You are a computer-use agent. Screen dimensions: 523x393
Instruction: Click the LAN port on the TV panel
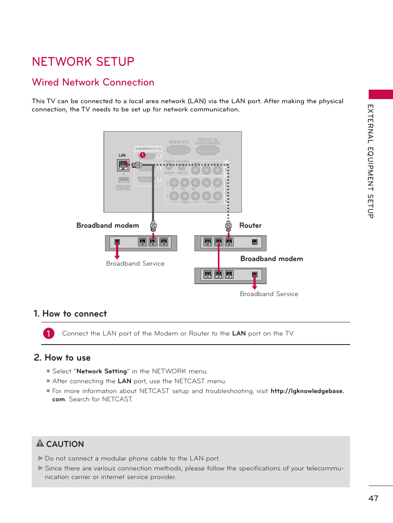(x=123, y=165)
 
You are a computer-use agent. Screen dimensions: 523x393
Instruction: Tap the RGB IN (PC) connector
(x=178, y=150)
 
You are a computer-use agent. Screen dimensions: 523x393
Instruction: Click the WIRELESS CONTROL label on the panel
(x=123, y=188)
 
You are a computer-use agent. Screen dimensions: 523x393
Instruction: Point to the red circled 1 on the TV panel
(x=143, y=155)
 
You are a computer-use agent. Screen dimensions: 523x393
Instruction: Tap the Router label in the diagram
(x=250, y=225)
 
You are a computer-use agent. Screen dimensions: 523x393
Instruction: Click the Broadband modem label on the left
(x=108, y=225)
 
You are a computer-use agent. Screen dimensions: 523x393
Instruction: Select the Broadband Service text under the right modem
(x=269, y=294)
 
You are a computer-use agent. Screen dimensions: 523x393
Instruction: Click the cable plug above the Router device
(x=228, y=225)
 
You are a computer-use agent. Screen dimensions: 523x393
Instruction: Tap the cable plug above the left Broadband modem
(x=153, y=226)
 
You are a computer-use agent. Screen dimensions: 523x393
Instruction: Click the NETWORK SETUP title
(x=83, y=62)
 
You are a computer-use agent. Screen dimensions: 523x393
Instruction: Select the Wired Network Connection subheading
(x=93, y=82)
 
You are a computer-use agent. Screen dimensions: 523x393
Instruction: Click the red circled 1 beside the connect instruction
(x=48, y=333)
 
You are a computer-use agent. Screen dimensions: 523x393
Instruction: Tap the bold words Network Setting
(x=102, y=371)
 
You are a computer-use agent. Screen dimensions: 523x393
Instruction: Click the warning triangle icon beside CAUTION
(x=40, y=443)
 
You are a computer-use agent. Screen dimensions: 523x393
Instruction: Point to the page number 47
(x=373, y=498)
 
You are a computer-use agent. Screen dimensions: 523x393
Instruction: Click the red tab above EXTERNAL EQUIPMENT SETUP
(x=380, y=94)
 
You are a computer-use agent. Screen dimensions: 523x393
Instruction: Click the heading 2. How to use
(x=62, y=358)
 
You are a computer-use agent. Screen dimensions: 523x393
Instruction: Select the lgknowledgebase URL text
(x=307, y=391)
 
